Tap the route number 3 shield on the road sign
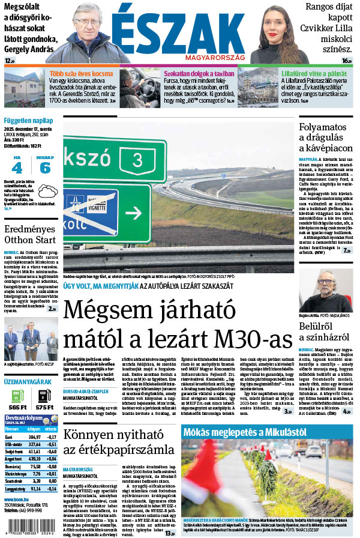coord(139,159)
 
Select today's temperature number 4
coord(17,168)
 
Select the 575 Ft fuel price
coord(45,407)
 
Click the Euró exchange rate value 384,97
coord(35,437)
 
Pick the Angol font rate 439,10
coord(35,458)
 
